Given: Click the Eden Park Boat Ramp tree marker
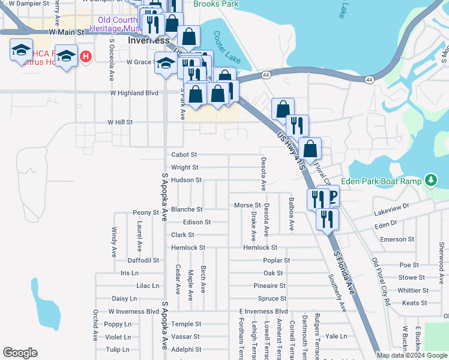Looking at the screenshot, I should click(430, 180).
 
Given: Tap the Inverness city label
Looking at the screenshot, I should click(149, 40).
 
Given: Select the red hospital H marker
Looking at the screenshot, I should click(86, 56).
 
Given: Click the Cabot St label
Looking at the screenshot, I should click(184, 155).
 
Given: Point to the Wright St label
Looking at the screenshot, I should click(185, 168).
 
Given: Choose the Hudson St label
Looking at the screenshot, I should click(186, 180).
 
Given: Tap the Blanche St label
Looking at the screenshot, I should click(187, 209).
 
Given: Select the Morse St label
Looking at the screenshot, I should click(247, 205).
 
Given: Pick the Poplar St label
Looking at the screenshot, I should click(276, 260).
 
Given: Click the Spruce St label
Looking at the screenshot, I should click(272, 298).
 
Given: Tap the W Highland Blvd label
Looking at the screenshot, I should click(134, 93).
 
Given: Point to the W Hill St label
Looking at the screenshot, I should click(119, 122).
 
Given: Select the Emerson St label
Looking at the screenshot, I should click(397, 239).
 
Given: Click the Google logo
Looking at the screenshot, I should click(20, 353).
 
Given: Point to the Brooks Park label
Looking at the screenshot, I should click(216, 4).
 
